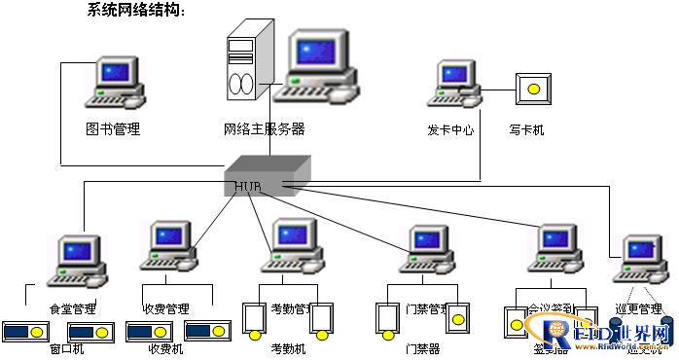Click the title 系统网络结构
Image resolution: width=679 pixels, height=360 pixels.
point(135,11)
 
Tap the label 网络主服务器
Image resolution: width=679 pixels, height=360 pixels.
point(264,128)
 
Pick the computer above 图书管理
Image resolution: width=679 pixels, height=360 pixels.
point(115,84)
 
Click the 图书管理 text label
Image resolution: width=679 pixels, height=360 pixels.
point(113,128)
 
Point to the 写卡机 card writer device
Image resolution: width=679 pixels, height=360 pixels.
point(532,90)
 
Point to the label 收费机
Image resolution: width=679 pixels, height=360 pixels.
point(164,348)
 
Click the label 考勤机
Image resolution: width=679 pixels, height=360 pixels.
point(288,348)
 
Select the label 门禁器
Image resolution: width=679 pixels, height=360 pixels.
point(422,348)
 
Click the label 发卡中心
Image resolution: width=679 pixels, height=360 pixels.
point(450,128)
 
